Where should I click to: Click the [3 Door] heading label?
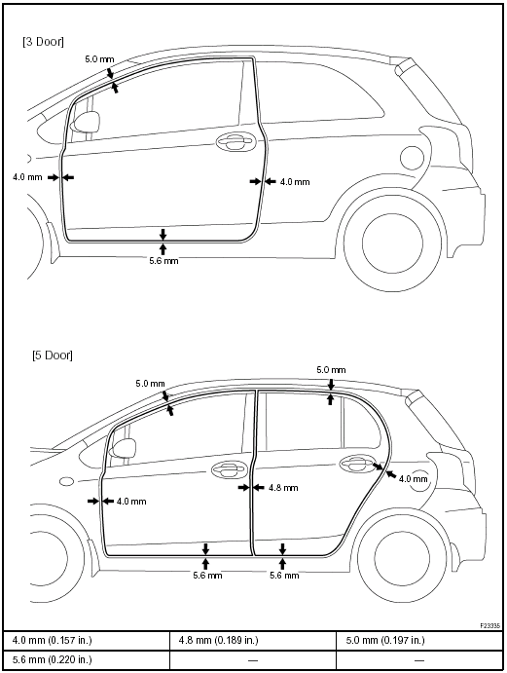(43, 42)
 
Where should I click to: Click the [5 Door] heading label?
(53, 355)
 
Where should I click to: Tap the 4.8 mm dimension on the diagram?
(283, 488)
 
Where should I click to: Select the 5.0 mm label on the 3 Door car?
(99, 59)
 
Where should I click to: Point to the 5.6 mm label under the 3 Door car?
(163, 260)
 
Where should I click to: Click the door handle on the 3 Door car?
(235, 141)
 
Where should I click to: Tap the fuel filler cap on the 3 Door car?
(412, 158)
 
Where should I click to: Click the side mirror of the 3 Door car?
(85, 122)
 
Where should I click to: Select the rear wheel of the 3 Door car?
(393, 243)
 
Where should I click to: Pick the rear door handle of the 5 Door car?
(358, 464)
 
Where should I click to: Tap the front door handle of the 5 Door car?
(230, 470)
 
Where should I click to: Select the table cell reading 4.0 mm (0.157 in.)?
(53, 641)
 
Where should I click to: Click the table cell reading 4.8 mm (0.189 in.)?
(218, 641)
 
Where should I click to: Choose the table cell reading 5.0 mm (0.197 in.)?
(385, 641)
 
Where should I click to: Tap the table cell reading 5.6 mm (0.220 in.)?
(53, 659)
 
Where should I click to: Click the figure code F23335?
(489, 626)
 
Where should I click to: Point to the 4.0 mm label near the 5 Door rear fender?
(414, 478)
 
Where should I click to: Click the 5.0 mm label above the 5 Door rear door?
(331, 369)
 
